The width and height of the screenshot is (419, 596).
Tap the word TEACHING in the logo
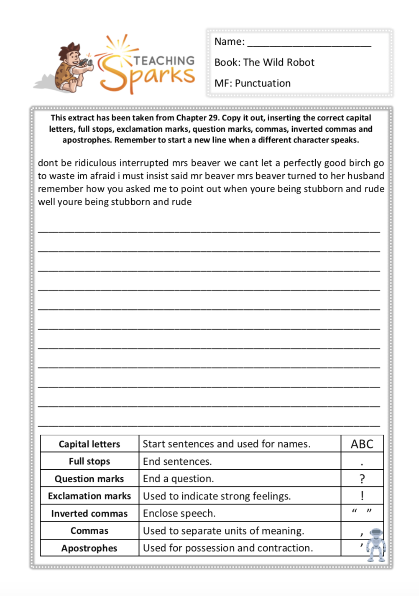[x=164, y=61]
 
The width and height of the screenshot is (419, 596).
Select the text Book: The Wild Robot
[x=264, y=63]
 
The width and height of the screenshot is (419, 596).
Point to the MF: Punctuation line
[x=252, y=83]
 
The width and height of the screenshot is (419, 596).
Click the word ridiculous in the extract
[x=95, y=163]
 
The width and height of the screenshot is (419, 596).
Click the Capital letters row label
[x=89, y=444]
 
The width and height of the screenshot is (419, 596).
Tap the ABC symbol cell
[x=362, y=444]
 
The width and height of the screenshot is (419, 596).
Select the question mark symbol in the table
[x=362, y=479]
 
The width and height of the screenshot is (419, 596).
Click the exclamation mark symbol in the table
[x=362, y=496]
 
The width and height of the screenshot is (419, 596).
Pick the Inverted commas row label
[x=89, y=514]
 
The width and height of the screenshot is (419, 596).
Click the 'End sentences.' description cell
[x=177, y=461]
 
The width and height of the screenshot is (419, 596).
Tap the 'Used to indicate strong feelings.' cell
[x=217, y=496]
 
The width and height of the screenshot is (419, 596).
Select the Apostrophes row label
[x=89, y=548]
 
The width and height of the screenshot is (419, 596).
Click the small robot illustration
[x=376, y=545]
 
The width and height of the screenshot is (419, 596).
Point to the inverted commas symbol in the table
[x=362, y=512]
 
